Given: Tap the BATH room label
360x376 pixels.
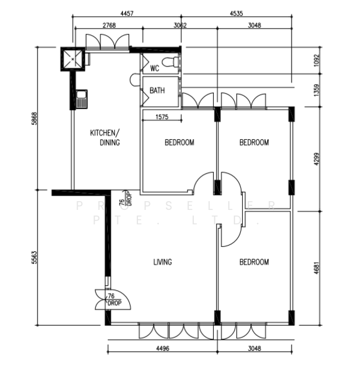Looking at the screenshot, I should pos(157,91).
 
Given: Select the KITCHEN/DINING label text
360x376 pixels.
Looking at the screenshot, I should pos(105,138).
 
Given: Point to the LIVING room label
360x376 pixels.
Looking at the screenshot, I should pos(162,262).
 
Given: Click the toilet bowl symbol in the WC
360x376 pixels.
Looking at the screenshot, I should pos(170,62).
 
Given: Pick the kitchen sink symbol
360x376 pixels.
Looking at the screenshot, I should pos(81,98).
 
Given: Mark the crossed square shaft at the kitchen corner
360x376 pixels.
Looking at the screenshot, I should pos(73,60).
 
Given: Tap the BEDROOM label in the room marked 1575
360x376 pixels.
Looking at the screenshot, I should pos(179,143).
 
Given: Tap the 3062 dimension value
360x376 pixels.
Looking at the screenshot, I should pos(179,25).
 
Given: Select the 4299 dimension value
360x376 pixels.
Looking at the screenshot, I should pos(317,159).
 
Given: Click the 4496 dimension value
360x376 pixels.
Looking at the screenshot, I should pos(162,349).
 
